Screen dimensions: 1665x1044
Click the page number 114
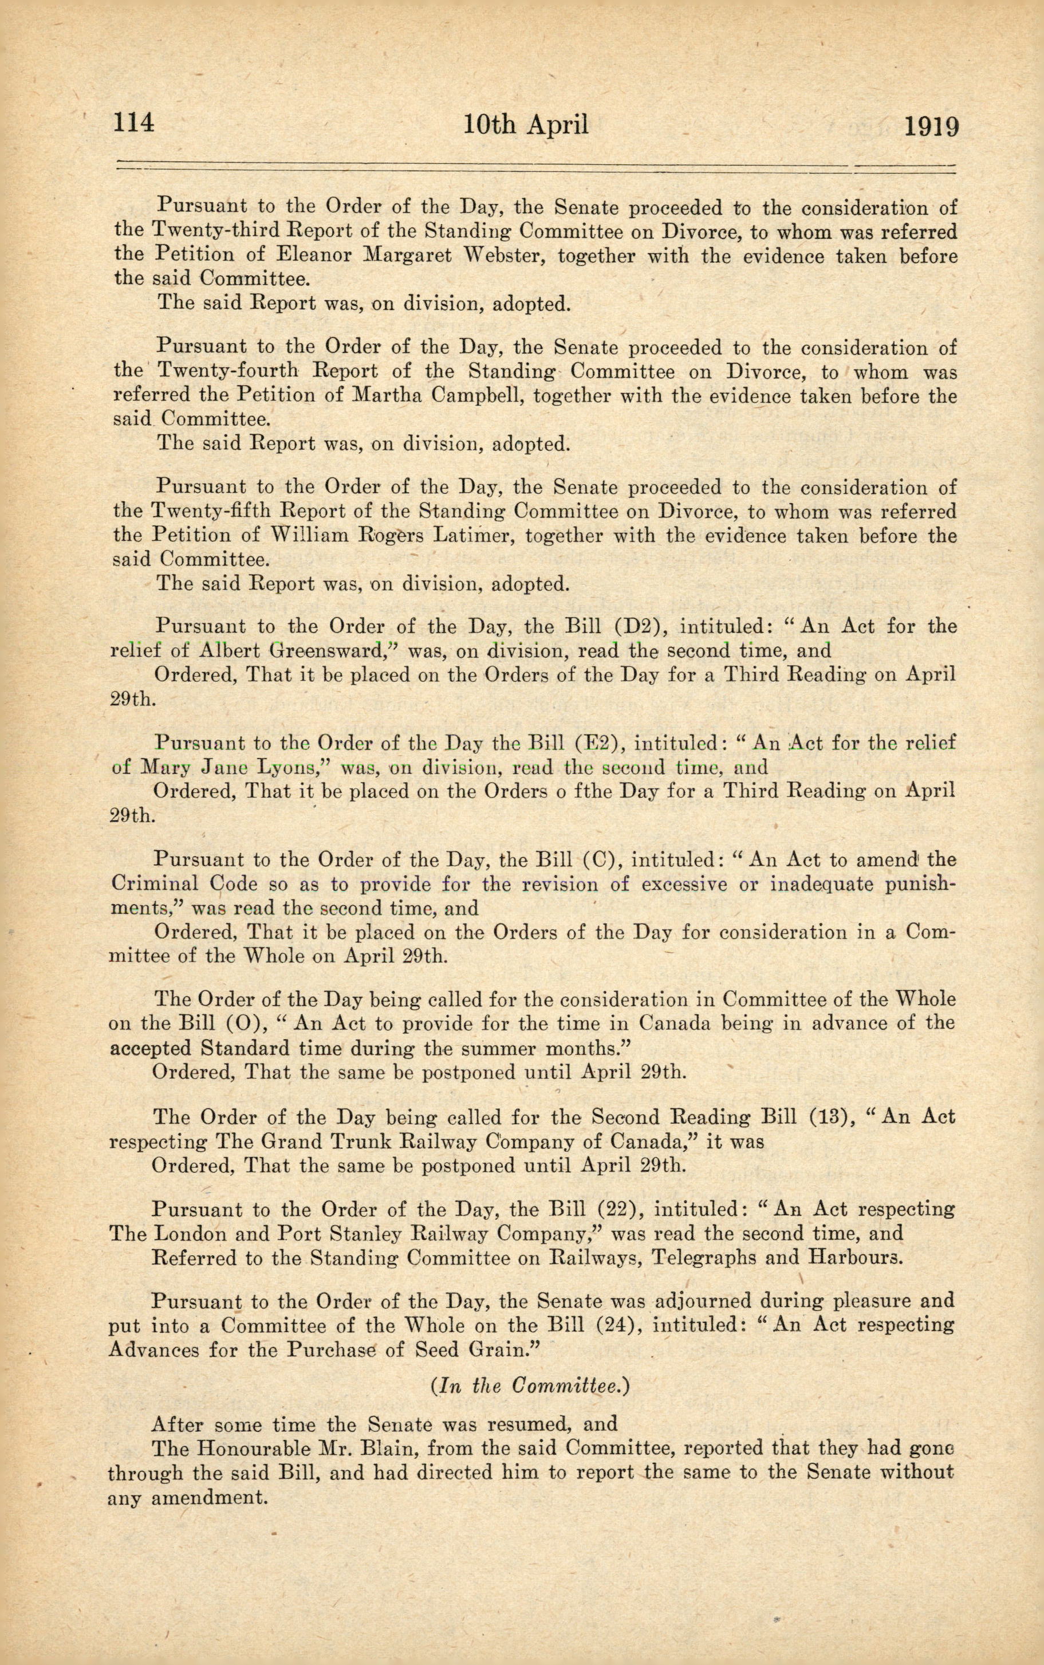pyautogui.click(x=133, y=124)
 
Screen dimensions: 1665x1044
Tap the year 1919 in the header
pyautogui.click(x=931, y=127)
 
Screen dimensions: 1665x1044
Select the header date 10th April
pyautogui.click(x=526, y=125)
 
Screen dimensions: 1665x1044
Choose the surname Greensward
pyautogui.click(x=326, y=651)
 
